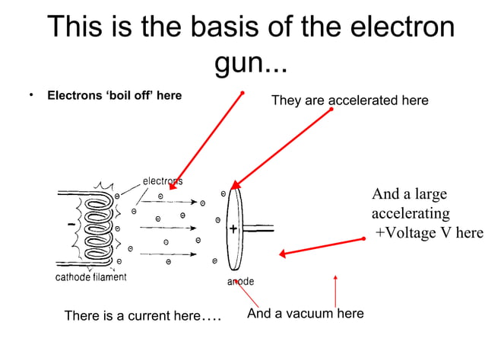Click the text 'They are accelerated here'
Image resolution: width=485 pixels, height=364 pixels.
tap(350, 101)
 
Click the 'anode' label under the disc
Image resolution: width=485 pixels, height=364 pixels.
tap(241, 282)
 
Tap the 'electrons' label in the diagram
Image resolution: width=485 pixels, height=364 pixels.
tap(163, 181)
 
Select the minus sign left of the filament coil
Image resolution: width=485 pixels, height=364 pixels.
tap(71, 225)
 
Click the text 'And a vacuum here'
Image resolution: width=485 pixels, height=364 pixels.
tap(306, 313)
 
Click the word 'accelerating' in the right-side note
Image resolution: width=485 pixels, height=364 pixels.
tap(411, 213)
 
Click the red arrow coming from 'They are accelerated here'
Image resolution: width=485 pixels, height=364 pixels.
tap(281, 148)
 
